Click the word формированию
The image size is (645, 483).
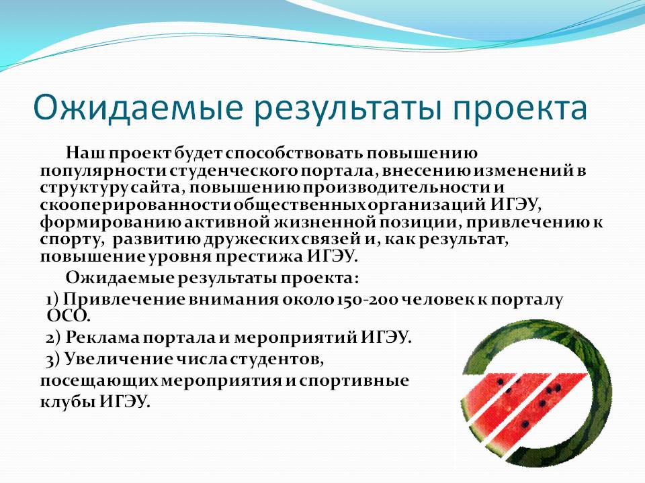click(111, 223)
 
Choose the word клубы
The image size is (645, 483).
click(68, 401)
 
